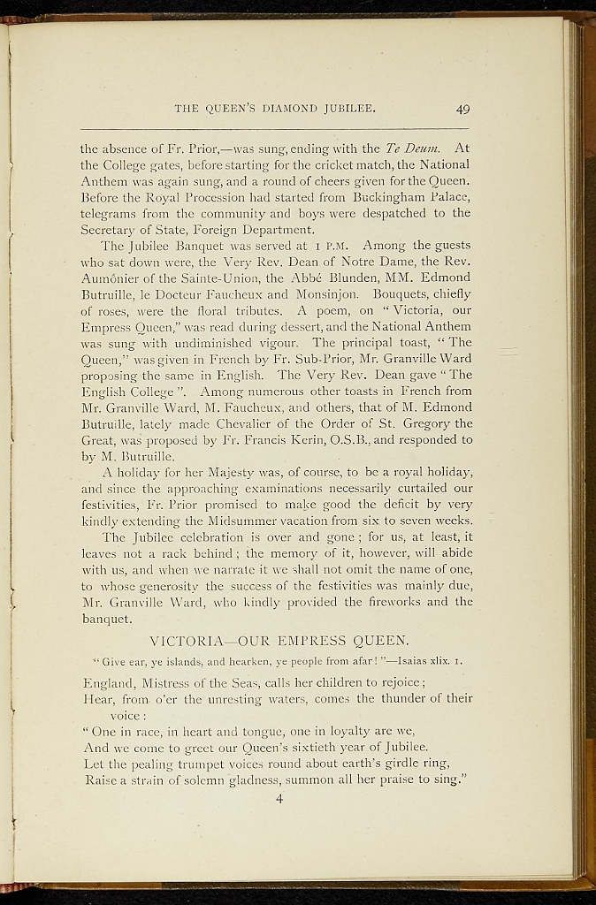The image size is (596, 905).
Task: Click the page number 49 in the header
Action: pyautogui.click(x=462, y=110)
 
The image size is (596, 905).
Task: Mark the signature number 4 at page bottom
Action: pyautogui.click(x=279, y=800)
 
